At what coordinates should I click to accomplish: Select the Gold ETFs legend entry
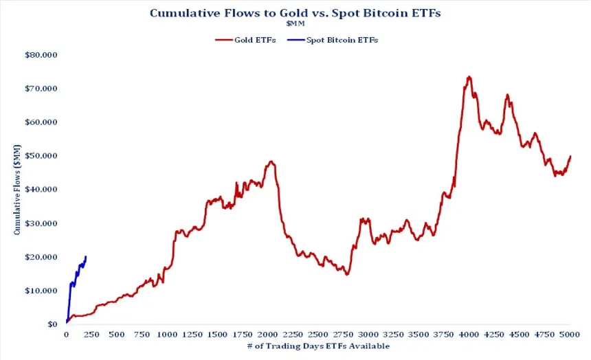(246, 40)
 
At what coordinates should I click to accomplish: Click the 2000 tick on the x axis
(267, 335)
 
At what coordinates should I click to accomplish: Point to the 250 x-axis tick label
(91, 335)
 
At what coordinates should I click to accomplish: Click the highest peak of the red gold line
(469, 77)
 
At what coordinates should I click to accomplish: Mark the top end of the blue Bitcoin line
(86, 256)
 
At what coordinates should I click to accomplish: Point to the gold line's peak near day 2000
(271, 162)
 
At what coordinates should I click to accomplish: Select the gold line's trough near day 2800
(348, 274)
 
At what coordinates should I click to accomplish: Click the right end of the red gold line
(570, 156)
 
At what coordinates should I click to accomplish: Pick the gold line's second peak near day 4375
(507, 95)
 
